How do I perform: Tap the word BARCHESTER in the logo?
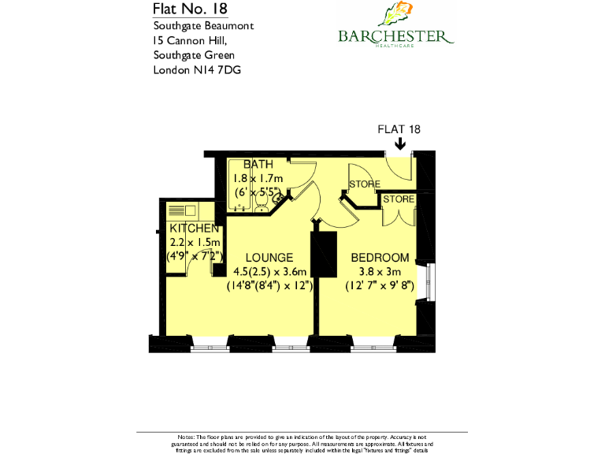click(395, 36)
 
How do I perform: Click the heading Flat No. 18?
click(191, 9)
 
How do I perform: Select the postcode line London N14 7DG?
click(197, 70)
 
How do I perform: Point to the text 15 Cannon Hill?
click(189, 40)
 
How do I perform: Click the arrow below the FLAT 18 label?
click(400, 143)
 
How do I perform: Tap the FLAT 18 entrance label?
click(399, 129)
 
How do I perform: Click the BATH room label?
click(258, 164)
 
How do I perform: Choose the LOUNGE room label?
click(269, 258)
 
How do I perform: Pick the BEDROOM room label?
click(380, 258)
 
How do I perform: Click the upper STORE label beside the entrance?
click(365, 184)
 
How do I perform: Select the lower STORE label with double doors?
click(399, 199)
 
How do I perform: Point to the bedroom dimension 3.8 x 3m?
click(380, 272)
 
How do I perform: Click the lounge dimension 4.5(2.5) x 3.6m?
click(270, 272)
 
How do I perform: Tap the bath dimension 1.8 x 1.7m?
click(258, 177)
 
